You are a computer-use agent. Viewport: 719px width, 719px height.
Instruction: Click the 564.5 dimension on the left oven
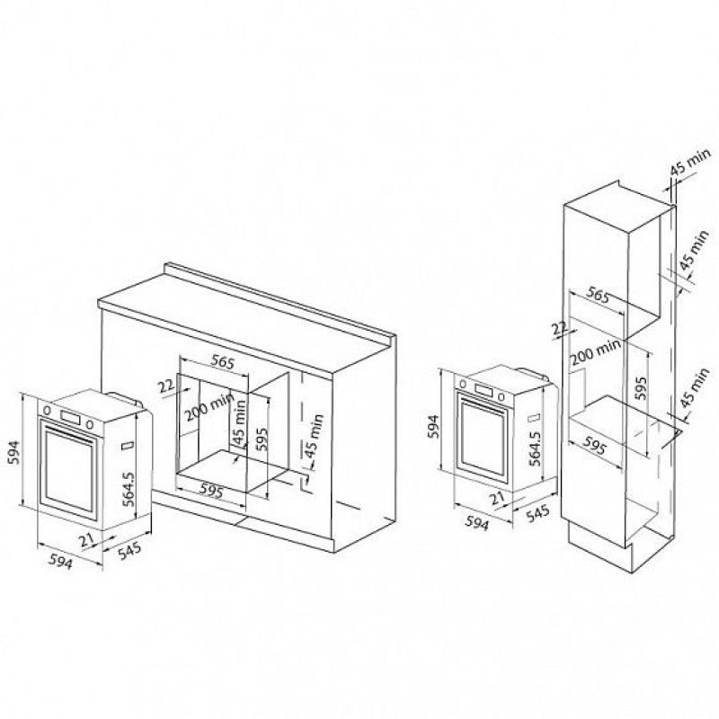(130, 488)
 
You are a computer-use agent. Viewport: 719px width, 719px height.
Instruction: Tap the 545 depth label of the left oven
(129, 551)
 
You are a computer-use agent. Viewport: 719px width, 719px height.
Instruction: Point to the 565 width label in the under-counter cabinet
(222, 362)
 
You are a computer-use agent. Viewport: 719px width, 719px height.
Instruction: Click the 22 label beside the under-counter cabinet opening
(167, 386)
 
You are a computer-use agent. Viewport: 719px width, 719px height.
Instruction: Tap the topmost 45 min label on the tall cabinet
(690, 162)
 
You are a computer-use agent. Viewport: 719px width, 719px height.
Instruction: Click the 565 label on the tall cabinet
(598, 296)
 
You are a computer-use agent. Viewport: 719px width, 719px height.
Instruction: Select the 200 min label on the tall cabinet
(595, 351)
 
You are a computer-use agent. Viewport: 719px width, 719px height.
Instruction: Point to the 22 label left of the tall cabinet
(560, 328)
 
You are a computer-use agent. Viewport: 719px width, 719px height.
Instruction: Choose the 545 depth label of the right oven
(537, 513)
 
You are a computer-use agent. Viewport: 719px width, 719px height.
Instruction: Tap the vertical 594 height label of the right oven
(433, 426)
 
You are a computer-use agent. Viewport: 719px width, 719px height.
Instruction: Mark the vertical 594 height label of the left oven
(15, 453)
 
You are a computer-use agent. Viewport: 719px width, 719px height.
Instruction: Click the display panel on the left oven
(70, 417)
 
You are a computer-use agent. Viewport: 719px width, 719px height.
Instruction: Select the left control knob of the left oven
(48, 410)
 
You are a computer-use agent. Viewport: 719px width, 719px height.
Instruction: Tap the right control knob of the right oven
(502, 396)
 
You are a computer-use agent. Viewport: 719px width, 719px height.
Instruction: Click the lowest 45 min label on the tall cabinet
(696, 388)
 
